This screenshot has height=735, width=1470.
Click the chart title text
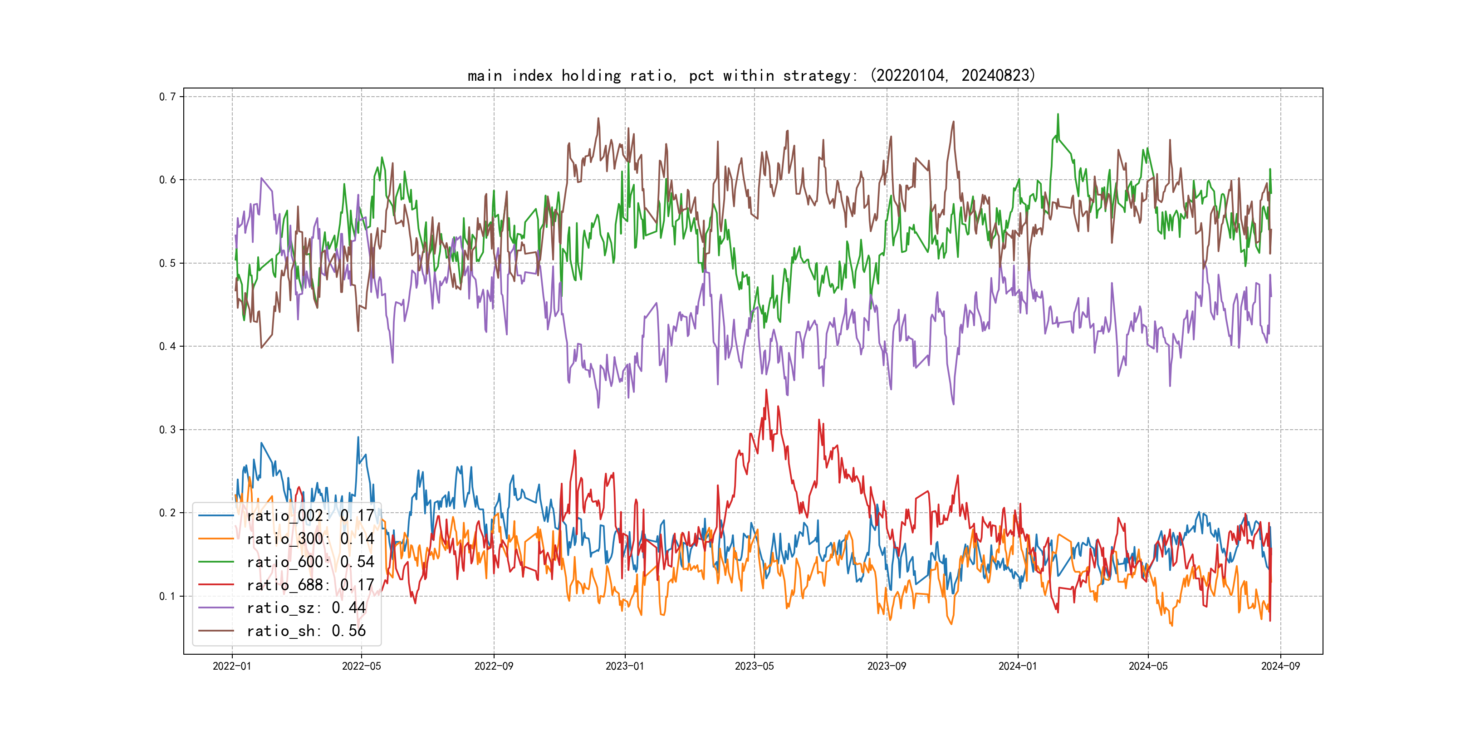pos(751,76)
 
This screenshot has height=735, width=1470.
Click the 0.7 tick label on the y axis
pos(167,97)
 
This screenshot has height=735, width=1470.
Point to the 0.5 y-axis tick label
pos(167,263)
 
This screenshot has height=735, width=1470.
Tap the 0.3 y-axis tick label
pos(167,430)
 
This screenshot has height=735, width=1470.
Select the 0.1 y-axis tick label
pos(167,596)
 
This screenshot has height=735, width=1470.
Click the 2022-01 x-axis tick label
pos(232,666)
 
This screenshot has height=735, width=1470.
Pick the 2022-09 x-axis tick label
pos(494,666)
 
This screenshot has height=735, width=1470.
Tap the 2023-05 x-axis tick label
pos(754,666)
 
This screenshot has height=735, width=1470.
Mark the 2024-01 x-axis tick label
pos(1018,666)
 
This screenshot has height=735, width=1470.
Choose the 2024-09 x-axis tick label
pos(1280,666)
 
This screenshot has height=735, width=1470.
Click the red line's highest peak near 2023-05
pos(766,390)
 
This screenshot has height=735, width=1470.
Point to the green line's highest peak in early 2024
pos(1058,115)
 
